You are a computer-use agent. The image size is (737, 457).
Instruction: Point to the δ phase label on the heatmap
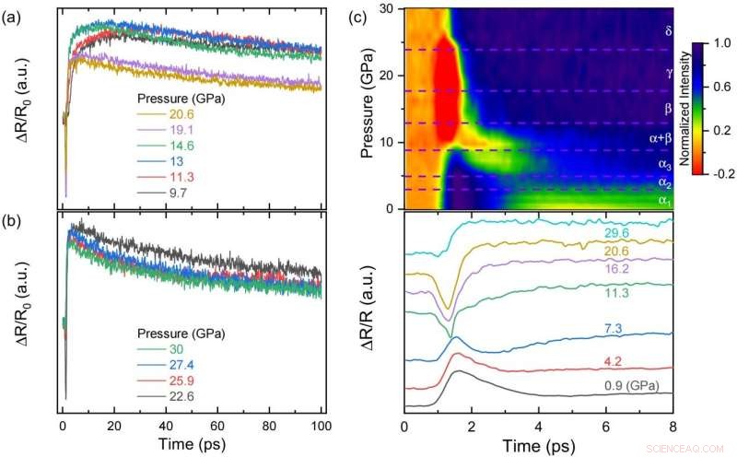click(x=668, y=30)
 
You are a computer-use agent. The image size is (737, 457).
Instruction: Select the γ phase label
click(x=668, y=70)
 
